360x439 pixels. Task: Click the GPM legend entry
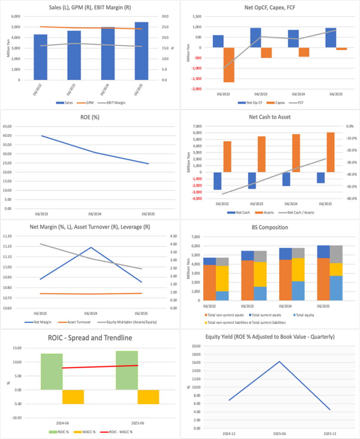(89, 102)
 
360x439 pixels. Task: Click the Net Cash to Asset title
(270, 116)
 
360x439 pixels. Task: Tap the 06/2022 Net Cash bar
(217, 180)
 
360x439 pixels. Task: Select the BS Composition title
(270, 227)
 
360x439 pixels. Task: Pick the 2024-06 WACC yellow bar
(73, 397)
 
